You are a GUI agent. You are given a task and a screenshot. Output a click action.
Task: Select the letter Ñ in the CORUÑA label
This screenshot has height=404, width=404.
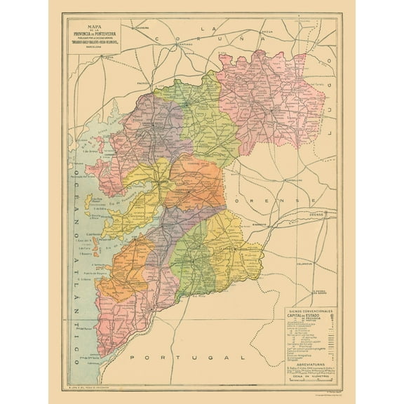click(x=227, y=41)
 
